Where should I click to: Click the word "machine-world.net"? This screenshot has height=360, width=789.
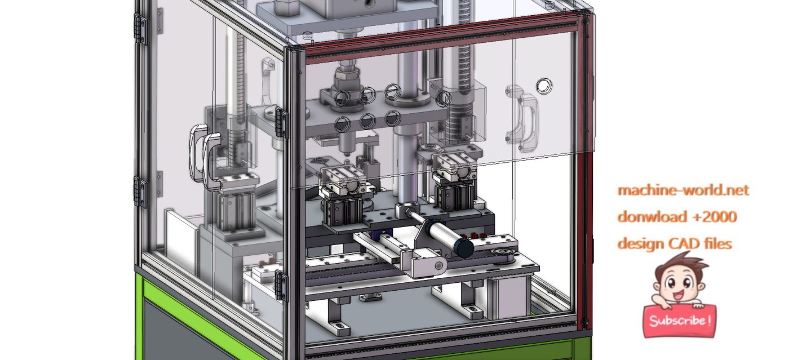point(683,190)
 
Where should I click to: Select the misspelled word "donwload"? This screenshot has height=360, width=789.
point(645,217)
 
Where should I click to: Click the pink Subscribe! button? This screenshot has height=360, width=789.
point(679,321)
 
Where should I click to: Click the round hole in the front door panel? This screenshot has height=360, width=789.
point(544,86)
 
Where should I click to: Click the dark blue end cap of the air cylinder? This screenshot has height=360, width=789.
point(464,248)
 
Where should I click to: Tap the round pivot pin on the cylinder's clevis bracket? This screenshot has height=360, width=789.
point(431,264)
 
